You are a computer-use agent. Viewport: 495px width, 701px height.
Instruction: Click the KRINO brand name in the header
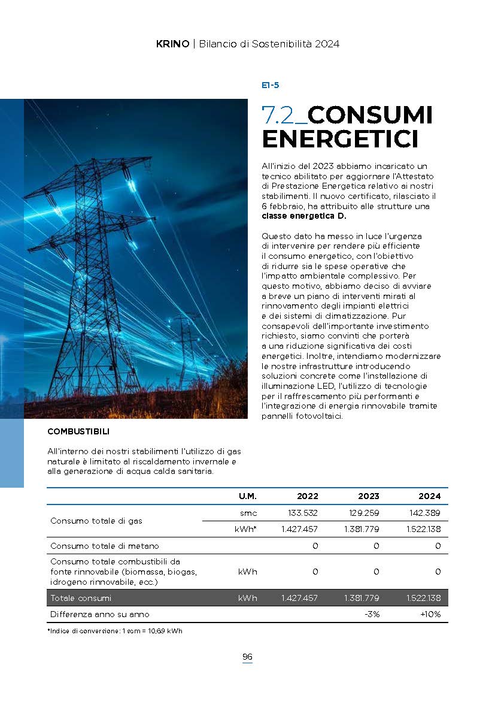[x=172, y=44]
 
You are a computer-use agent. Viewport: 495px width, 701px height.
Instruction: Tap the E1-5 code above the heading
[x=271, y=85]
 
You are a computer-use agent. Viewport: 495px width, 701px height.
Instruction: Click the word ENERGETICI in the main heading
[x=339, y=139]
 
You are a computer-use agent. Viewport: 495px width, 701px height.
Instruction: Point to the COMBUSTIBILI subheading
[x=78, y=431]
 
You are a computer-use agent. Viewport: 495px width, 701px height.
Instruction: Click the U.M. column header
[x=248, y=496]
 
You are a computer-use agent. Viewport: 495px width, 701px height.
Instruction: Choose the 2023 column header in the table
[x=368, y=496]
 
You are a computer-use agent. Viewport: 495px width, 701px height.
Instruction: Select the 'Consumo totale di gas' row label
[x=96, y=521]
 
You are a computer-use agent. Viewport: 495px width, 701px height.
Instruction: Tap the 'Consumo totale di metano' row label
[x=105, y=546]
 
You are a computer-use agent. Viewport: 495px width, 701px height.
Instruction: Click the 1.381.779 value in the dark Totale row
[x=362, y=598]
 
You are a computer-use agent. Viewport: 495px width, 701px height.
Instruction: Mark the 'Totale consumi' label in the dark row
[x=81, y=598]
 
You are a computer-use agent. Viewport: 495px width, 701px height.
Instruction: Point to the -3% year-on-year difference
[x=372, y=614]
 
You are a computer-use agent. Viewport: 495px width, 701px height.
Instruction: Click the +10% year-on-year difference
[x=430, y=614]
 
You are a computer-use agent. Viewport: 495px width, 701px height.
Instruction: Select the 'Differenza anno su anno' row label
[x=100, y=614]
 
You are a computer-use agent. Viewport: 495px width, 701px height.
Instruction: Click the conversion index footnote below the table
[x=114, y=631]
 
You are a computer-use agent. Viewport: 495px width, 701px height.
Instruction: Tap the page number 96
[x=247, y=657]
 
